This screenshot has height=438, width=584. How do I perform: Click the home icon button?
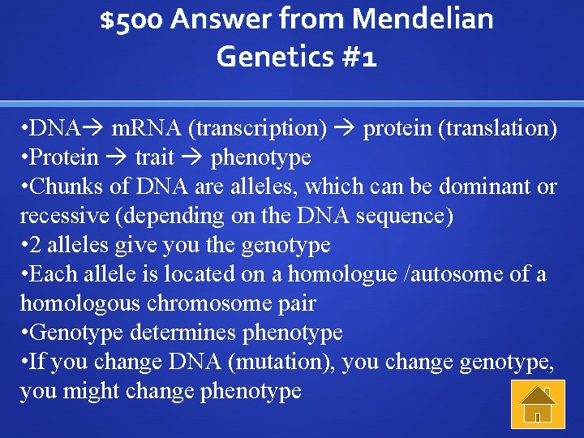coord(536,404)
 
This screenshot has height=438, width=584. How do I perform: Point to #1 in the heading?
coord(359,57)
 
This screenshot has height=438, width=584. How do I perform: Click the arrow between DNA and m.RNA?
coord(95,128)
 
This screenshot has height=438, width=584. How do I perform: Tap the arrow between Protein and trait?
coord(116,157)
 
